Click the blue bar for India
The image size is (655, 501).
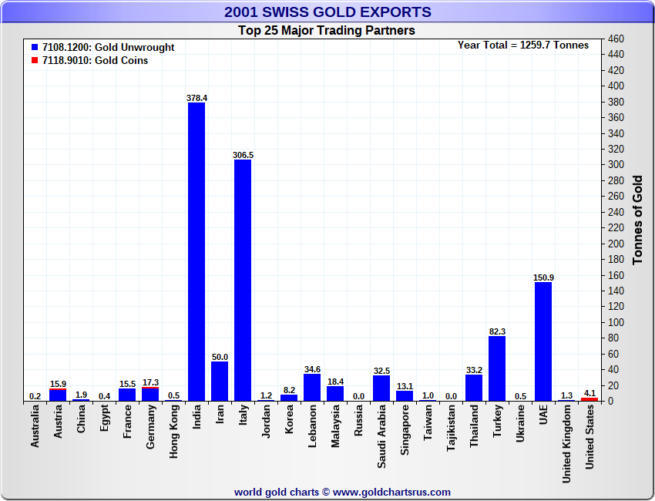point(196,251)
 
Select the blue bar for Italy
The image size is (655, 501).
point(243,280)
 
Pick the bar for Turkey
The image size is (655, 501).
point(497,368)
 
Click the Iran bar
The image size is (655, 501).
point(220,381)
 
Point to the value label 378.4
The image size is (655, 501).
point(196,98)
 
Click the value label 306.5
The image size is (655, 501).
point(243,155)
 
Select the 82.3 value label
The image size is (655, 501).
point(497,331)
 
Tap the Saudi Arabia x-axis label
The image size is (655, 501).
point(382,435)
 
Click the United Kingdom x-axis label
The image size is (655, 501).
point(566,443)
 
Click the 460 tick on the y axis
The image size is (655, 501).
point(616,39)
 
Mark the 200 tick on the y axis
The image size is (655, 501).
point(616,244)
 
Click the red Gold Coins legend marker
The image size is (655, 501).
point(35,60)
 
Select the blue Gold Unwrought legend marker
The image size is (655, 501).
point(35,47)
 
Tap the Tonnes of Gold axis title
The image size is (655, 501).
point(637,220)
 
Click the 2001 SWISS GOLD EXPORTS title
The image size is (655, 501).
point(327,12)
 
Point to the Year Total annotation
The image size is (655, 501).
point(523,45)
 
